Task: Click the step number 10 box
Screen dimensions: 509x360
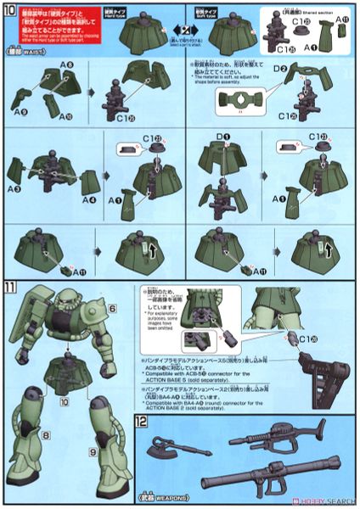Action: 10,11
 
